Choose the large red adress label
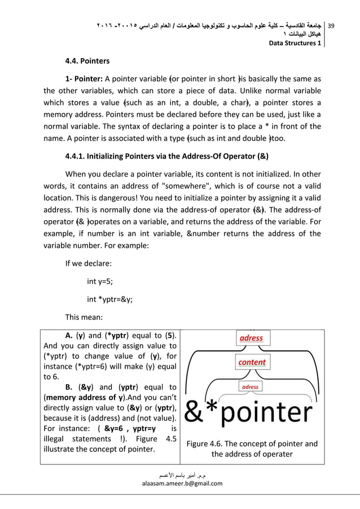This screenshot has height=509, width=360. (x=251, y=337)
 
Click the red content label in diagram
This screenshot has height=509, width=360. (x=252, y=362)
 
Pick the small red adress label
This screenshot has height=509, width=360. (x=250, y=387)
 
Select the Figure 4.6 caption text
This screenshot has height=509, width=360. (x=252, y=448)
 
